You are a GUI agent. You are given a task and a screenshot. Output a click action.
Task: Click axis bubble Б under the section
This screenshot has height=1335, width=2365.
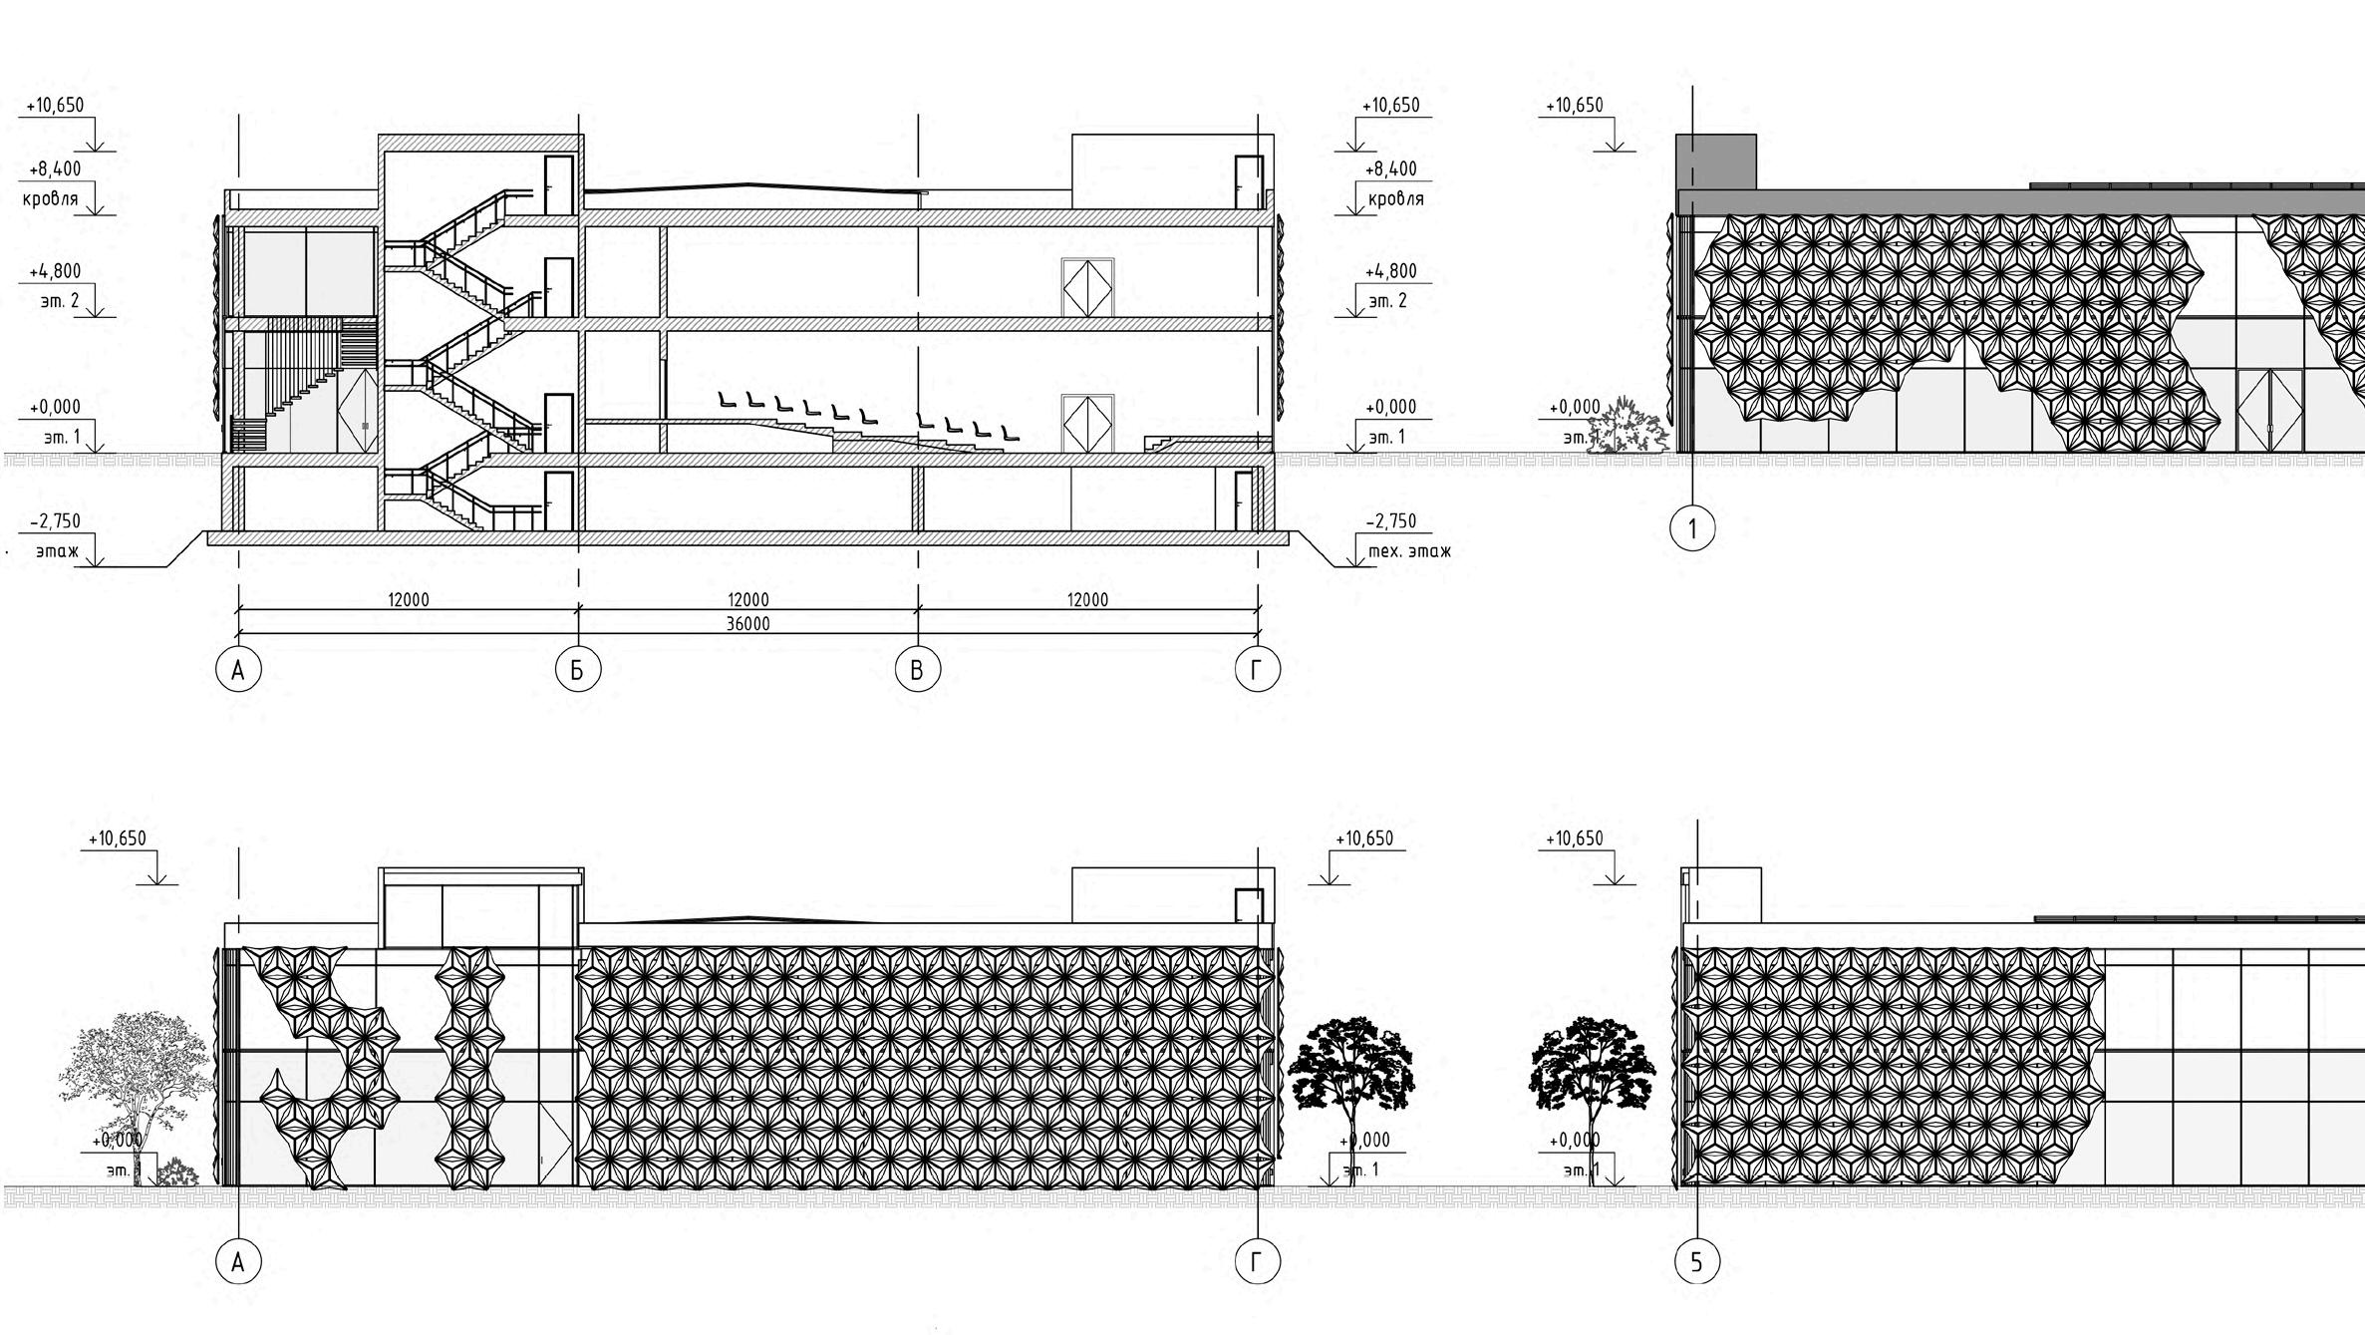coord(578,670)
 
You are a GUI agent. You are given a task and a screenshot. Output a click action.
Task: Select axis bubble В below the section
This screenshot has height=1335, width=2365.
coord(917,670)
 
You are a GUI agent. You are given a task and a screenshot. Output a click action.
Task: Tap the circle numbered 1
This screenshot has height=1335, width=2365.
coord(1692,528)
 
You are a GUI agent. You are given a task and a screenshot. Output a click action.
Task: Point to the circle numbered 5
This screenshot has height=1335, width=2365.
coord(1696,1263)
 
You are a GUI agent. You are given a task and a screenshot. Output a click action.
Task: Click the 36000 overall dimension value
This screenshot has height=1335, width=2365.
coord(747,624)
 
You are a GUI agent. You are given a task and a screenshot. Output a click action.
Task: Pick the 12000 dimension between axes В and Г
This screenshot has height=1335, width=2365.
coord(1087,599)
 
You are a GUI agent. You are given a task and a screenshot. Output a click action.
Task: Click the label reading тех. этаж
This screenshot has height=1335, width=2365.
coord(1408,550)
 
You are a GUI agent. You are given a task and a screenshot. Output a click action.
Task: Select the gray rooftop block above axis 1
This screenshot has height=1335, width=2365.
coord(1716,161)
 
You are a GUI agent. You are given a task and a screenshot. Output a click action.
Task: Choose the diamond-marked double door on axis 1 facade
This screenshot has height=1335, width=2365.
coord(2269,410)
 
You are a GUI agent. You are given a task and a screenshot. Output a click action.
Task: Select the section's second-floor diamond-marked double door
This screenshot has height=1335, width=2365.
coord(1087,288)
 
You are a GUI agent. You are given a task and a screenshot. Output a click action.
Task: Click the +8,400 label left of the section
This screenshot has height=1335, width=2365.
coord(55,168)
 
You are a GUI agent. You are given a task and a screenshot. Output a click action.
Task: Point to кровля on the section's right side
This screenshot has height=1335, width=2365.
coord(1395,198)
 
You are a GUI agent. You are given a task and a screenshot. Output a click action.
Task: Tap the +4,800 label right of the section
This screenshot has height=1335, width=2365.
coord(1392,270)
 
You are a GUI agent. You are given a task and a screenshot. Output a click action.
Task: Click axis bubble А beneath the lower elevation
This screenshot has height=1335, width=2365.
coord(238,1263)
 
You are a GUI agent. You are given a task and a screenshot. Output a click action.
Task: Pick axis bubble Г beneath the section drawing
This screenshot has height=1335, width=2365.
coord(1256,670)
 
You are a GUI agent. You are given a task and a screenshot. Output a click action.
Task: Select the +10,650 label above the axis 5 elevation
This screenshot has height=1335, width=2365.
coord(1575,838)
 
